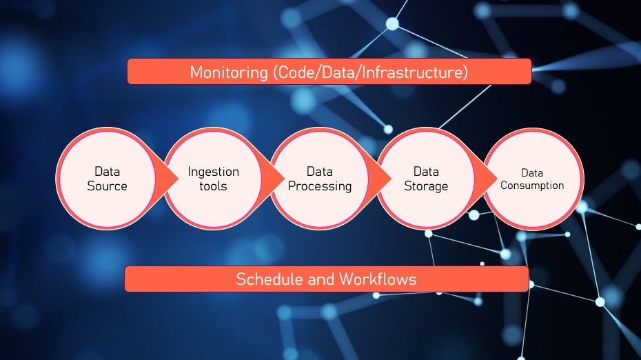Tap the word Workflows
[377, 279]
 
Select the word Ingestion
[213, 172]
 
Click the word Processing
[320, 186]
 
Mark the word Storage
[426, 186]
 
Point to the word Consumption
[532, 186]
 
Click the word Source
[107, 186]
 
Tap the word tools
[213, 186]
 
